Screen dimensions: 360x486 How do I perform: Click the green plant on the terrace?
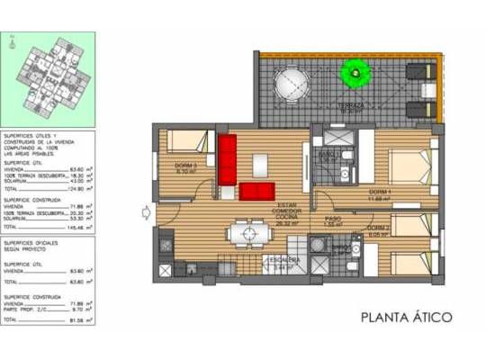(x=352, y=70)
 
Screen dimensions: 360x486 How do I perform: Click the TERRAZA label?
(x=351, y=105)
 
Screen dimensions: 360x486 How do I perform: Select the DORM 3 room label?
(x=186, y=167)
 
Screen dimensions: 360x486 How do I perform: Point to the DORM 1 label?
(x=381, y=193)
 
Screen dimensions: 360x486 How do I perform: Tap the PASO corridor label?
(x=330, y=219)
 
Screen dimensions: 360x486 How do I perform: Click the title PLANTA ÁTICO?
(x=405, y=317)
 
